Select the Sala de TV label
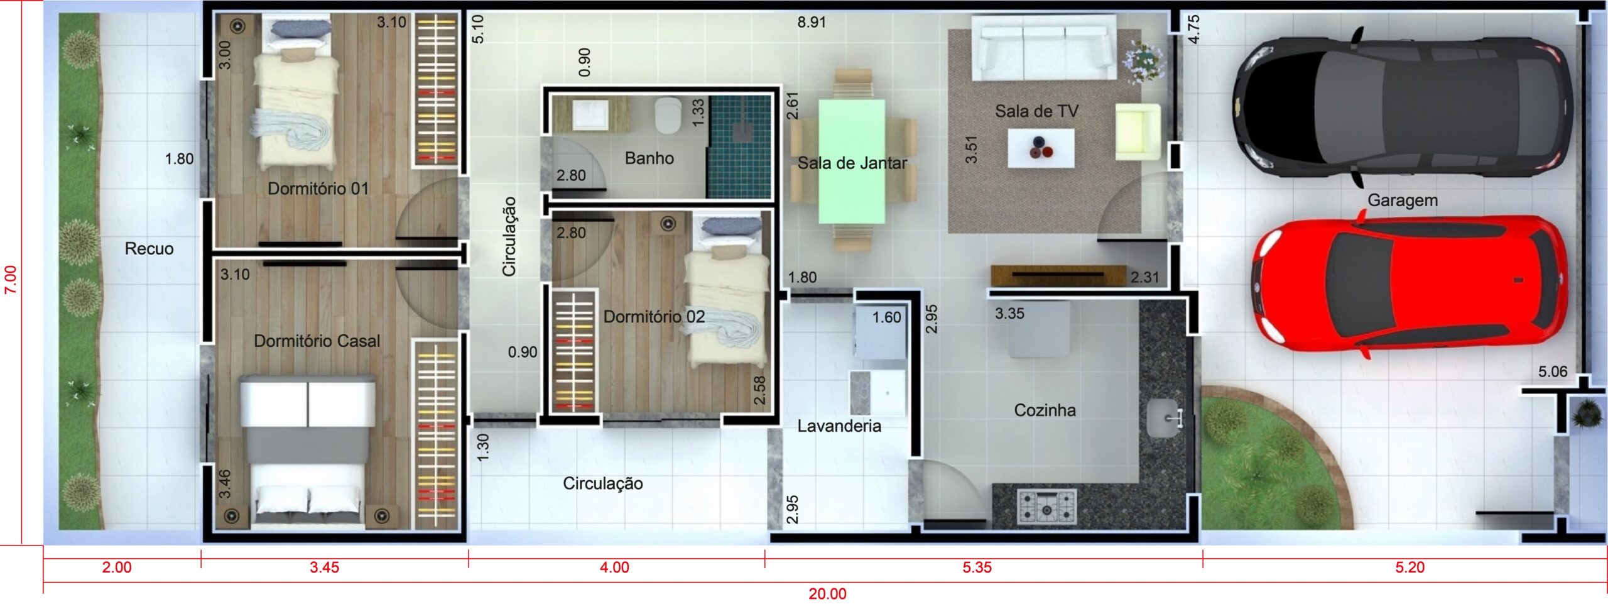(x=1036, y=111)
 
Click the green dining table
(x=852, y=161)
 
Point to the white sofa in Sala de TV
(x=1043, y=48)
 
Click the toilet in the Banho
(x=668, y=116)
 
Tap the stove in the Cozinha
(x=1046, y=507)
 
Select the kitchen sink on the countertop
(x=1165, y=417)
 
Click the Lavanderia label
(x=839, y=426)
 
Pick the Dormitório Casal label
(x=317, y=341)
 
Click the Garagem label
(x=1403, y=200)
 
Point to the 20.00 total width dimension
(x=827, y=594)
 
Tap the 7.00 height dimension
(x=11, y=279)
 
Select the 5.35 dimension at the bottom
(x=977, y=568)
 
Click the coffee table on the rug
(x=1041, y=148)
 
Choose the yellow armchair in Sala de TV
(x=1138, y=132)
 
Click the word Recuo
(x=149, y=249)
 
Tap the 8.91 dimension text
(x=812, y=23)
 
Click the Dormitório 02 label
(x=654, y=317)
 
